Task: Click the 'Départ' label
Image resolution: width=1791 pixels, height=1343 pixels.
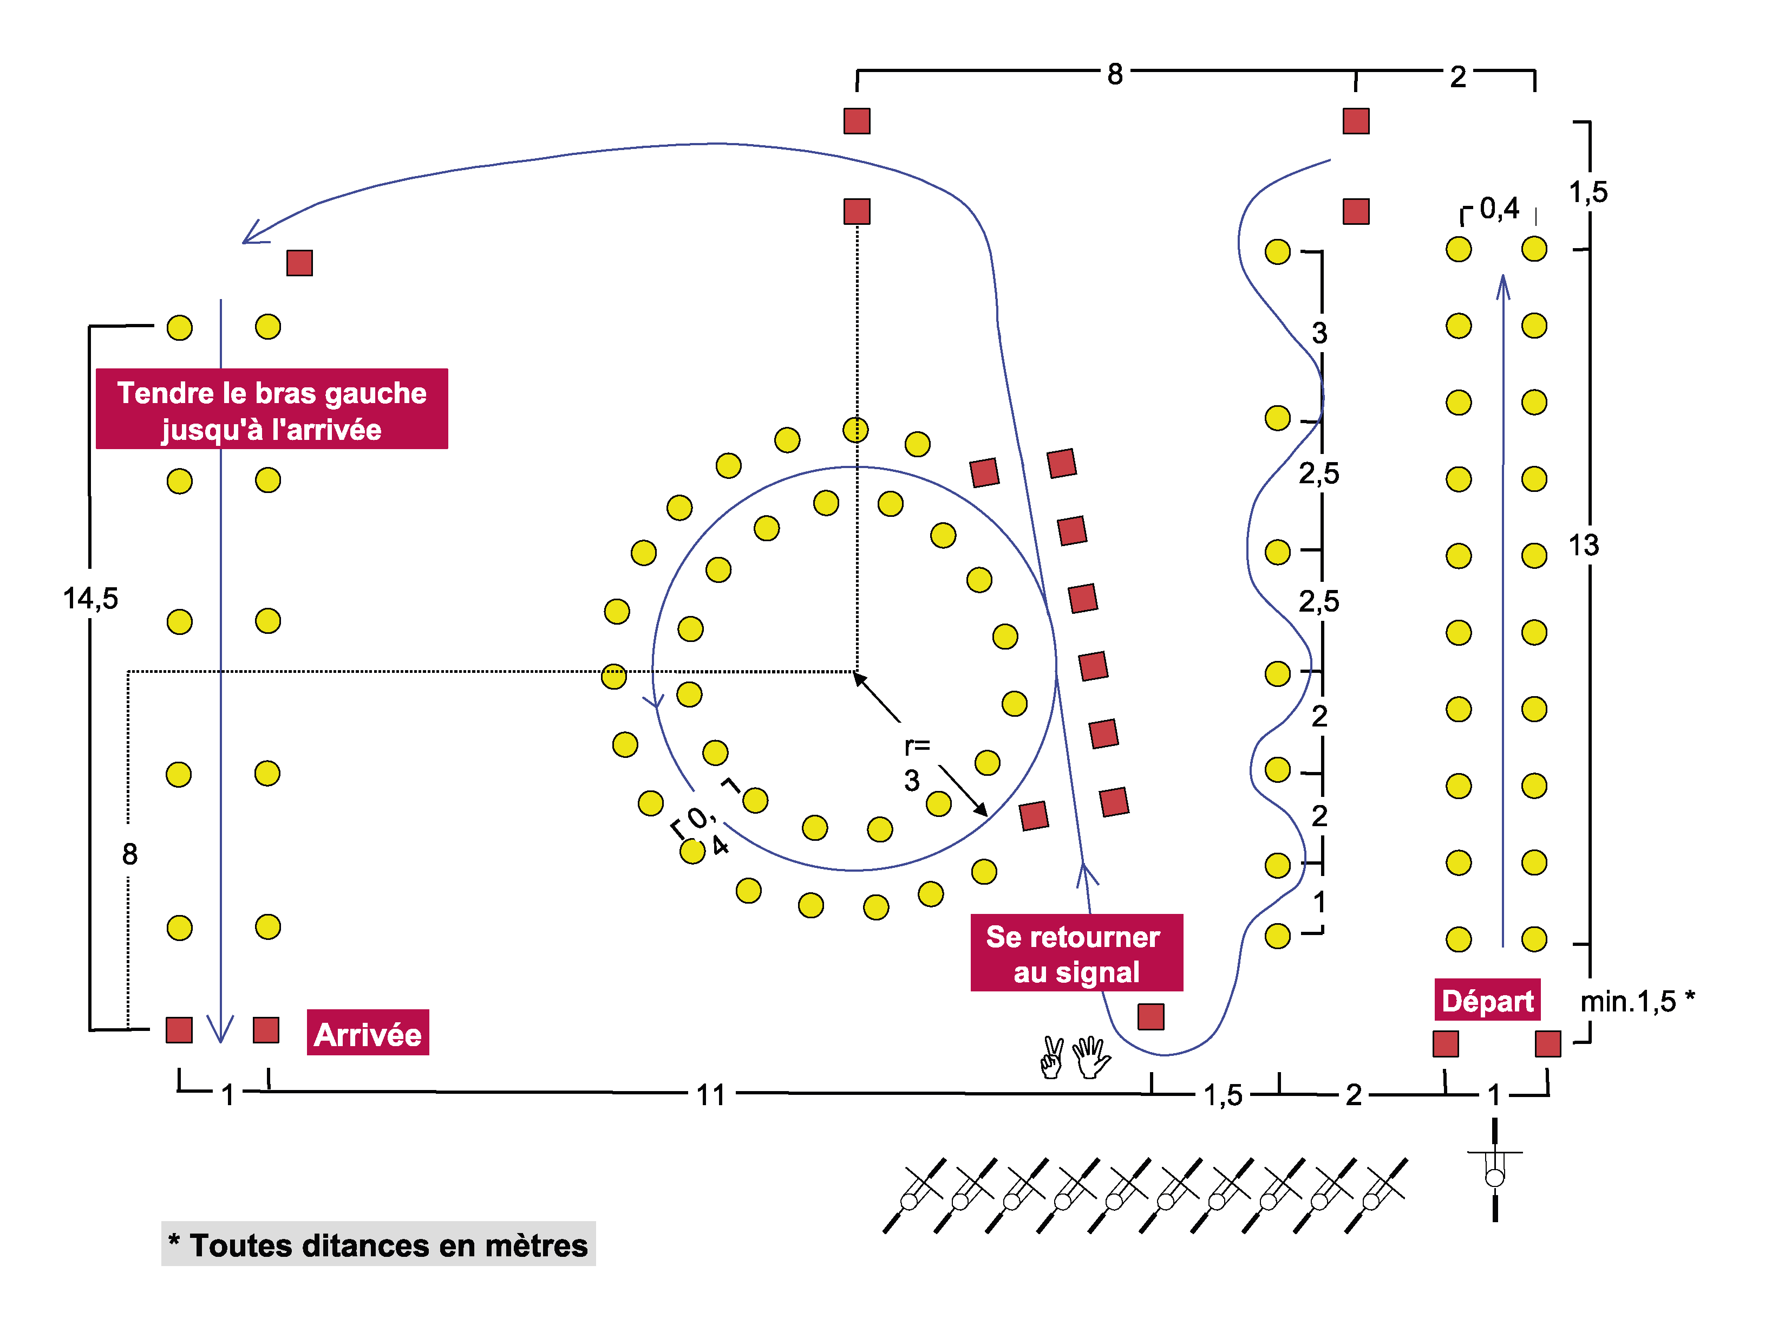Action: (1487, 1001)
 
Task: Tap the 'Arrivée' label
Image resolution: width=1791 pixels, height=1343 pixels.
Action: (368, 1034)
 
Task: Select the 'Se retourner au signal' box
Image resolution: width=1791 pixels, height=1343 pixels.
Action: (1076, 952)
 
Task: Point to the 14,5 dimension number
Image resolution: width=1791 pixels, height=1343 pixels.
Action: (90, 599)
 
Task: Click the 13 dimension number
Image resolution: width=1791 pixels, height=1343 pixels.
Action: (1584, 545)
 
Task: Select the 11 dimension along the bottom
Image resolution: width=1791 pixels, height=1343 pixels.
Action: (711, 1095)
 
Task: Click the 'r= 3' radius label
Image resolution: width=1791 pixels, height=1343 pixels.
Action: (915, 762)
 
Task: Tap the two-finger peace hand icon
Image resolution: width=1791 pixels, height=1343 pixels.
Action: (1052, 1057)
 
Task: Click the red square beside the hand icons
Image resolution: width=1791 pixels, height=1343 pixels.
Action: (1151, 1016)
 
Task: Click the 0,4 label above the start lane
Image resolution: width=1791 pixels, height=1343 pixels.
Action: (1499, 209)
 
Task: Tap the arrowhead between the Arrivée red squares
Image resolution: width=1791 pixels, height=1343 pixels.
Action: (220, 1029)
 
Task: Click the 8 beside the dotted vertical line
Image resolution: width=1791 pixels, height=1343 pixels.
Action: (129, 854)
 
